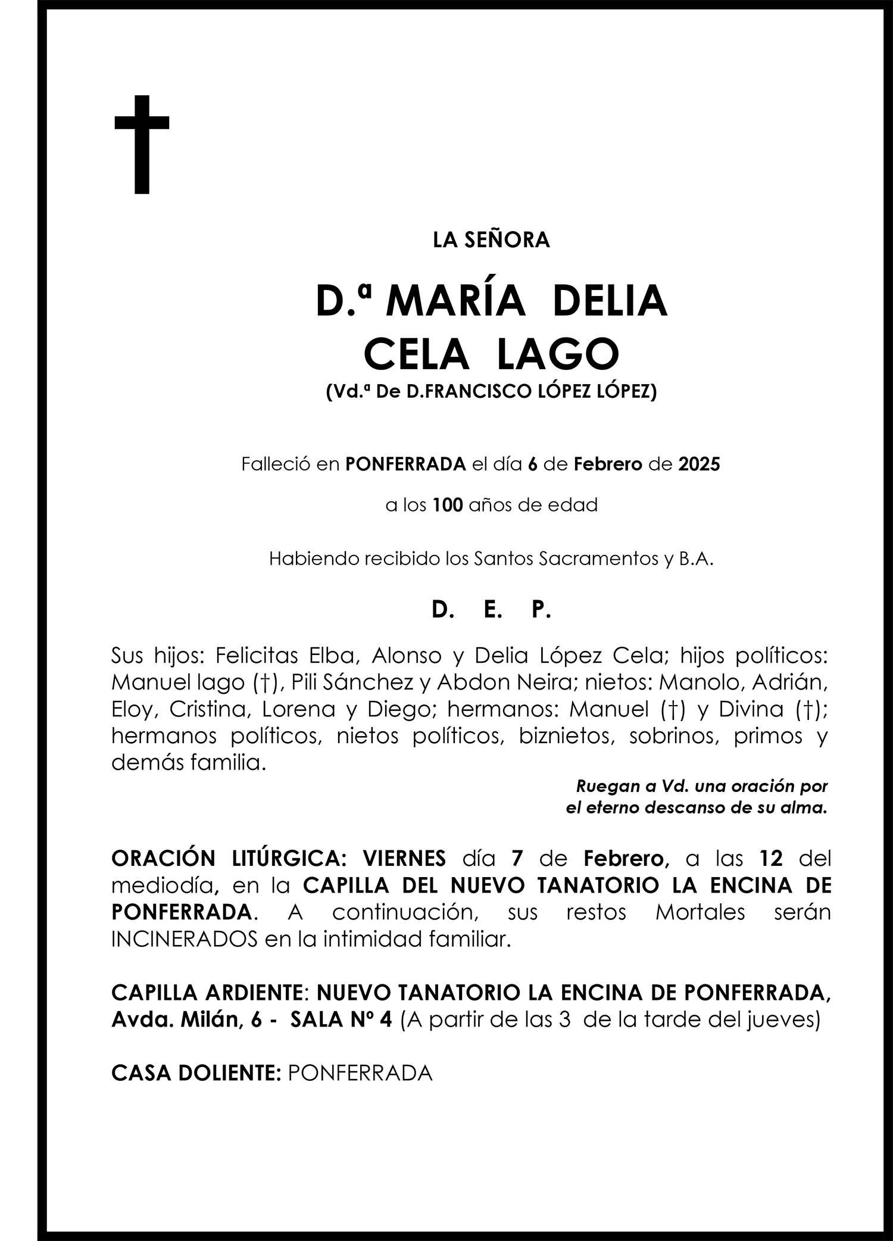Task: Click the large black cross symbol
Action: [x=142, y=144]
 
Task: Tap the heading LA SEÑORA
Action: [x=491, y=240]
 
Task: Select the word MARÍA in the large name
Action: [x=455, y=302]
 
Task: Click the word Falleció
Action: [x=276, y=464]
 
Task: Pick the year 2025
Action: [x=699, y=464]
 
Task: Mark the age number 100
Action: [x=448, y=506]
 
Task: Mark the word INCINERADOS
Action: [x=184, y=939]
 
